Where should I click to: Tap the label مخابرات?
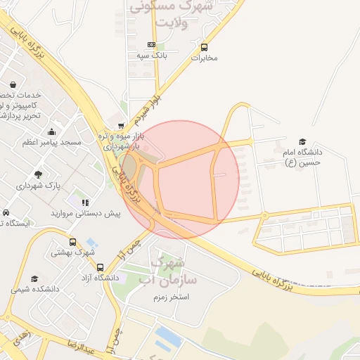coord(205,58)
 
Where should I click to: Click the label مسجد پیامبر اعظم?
coord(52,143)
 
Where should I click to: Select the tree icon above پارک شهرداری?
coord(38,174)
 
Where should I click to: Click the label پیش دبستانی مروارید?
coord(85,212)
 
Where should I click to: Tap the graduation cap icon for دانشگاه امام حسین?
coord(302,141)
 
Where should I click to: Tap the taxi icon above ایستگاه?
coord(6,213)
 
